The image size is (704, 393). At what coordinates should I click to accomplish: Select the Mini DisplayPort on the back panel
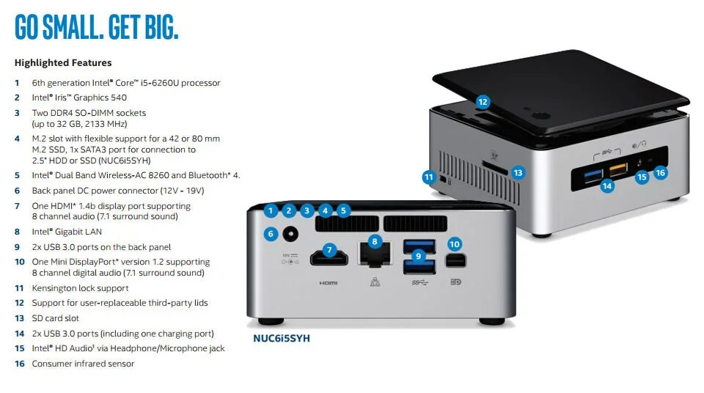[454, 259]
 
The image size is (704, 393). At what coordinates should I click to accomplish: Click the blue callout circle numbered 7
[329, 249]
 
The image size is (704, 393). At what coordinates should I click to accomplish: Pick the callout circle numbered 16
[660, 172]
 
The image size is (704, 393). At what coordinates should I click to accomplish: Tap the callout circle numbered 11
[430, 177]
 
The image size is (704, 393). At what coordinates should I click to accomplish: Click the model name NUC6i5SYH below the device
[282, 339]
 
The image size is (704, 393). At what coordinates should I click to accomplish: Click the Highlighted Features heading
[63, 63]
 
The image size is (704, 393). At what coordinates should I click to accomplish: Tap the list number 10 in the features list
[19, 262]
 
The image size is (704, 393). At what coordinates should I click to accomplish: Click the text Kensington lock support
[80, 288]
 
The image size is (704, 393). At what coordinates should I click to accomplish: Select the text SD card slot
[56, 318]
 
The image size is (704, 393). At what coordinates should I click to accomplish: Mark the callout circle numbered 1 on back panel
[271, 211]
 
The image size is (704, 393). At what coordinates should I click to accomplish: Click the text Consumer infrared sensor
[83, 364]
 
